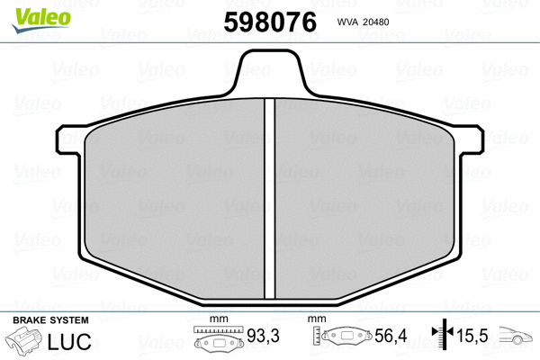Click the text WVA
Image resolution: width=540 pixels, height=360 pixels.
[350, 22]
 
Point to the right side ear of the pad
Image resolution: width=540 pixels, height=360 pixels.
[471, 140]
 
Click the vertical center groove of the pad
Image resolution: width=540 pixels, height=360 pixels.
[269, 198]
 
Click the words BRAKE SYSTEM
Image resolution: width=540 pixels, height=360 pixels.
[50, 320]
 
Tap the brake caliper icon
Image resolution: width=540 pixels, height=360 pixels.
[26, 343]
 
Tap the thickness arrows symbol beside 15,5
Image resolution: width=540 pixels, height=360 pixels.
[441, 338]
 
